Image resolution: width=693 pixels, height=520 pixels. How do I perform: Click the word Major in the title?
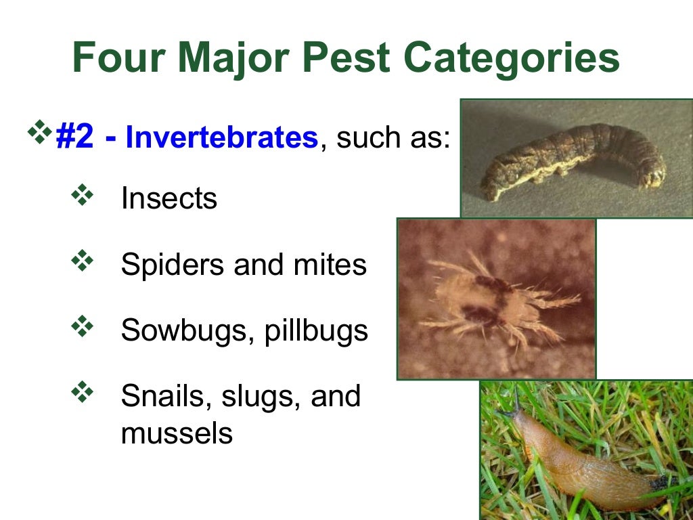click(234, 60)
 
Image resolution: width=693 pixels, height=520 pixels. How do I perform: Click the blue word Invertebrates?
click(222, 137)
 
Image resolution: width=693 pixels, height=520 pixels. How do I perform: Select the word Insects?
click(169, 198)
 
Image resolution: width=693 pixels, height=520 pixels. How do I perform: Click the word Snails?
click(160, 396)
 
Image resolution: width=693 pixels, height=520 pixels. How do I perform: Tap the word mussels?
click(177, 433)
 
